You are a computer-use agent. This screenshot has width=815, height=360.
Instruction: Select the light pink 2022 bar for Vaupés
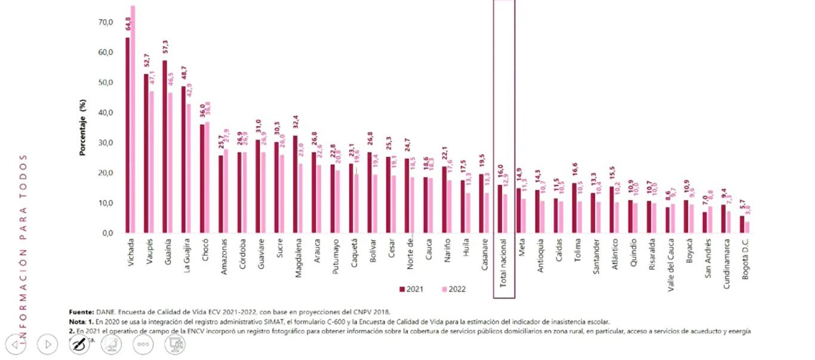click(151, 162)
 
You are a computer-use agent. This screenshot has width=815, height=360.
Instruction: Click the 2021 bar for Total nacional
click(500, 209)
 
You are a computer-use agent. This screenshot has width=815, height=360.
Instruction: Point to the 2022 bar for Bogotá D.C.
click(747, 227)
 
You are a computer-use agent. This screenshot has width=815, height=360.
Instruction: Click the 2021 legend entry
click(411, 290)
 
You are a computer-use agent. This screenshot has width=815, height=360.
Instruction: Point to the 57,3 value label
click(165, 48)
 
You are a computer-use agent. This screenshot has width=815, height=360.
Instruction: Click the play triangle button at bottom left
click(47, 344)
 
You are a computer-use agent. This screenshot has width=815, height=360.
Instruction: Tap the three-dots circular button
click(143, 344)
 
